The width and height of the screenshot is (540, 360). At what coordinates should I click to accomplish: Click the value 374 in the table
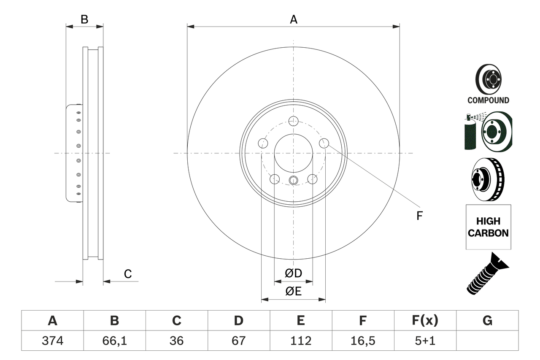tap(52, 341)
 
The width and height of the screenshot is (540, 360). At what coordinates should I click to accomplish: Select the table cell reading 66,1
tap(114, 341)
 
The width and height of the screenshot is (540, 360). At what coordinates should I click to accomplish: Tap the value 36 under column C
tap(176, 341)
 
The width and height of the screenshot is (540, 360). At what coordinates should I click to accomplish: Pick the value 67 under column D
tap(238, 341)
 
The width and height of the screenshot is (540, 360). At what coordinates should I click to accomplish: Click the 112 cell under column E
tap(300, 341)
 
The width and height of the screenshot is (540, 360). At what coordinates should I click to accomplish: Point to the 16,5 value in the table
tap(362, 341)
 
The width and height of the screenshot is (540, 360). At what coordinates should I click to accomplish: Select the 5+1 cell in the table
tap(425, 341)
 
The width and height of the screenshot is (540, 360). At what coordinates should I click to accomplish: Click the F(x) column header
tap(425, 321)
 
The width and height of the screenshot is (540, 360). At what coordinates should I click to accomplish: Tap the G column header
tap(487, 321)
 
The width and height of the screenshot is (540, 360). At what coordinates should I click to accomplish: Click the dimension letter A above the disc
tap(294, 19)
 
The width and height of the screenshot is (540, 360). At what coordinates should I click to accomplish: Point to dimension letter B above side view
tap(84, 19)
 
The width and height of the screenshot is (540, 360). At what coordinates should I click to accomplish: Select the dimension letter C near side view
tap(128, 274)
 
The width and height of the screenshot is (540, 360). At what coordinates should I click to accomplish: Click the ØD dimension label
tap(294, 273)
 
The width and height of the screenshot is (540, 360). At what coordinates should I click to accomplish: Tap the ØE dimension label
tap(294, 291)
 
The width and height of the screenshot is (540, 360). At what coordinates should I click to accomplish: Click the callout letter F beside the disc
tap(419, 216)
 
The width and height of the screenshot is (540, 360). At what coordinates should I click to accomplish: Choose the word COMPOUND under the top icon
tap(488, 100)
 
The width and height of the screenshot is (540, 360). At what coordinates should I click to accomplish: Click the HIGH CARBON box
tap(488, 227)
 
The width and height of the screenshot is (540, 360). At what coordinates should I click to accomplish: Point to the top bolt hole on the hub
tap(294, 122)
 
